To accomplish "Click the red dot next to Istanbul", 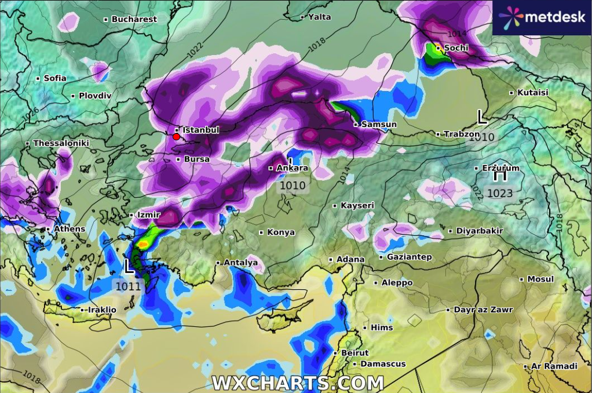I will coord(176,137).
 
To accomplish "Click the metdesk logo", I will coord(542,17).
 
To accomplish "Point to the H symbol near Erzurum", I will coord(499,175).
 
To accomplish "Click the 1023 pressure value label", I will coord(500,193).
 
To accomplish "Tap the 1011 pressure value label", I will coord(127,286).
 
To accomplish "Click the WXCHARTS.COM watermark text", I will coord(297,383).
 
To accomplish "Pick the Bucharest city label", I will coord(134,19).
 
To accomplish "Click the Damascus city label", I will coord(383,364).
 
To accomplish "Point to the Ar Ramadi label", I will coord(554,366).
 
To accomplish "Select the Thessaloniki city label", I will coord(61,143).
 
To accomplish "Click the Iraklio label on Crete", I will coord(102,310).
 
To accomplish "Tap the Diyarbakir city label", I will coord(480,231).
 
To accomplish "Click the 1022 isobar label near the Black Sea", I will coord(195,50).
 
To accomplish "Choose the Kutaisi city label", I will coord(532,92).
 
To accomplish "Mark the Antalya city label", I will coord(240,263).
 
